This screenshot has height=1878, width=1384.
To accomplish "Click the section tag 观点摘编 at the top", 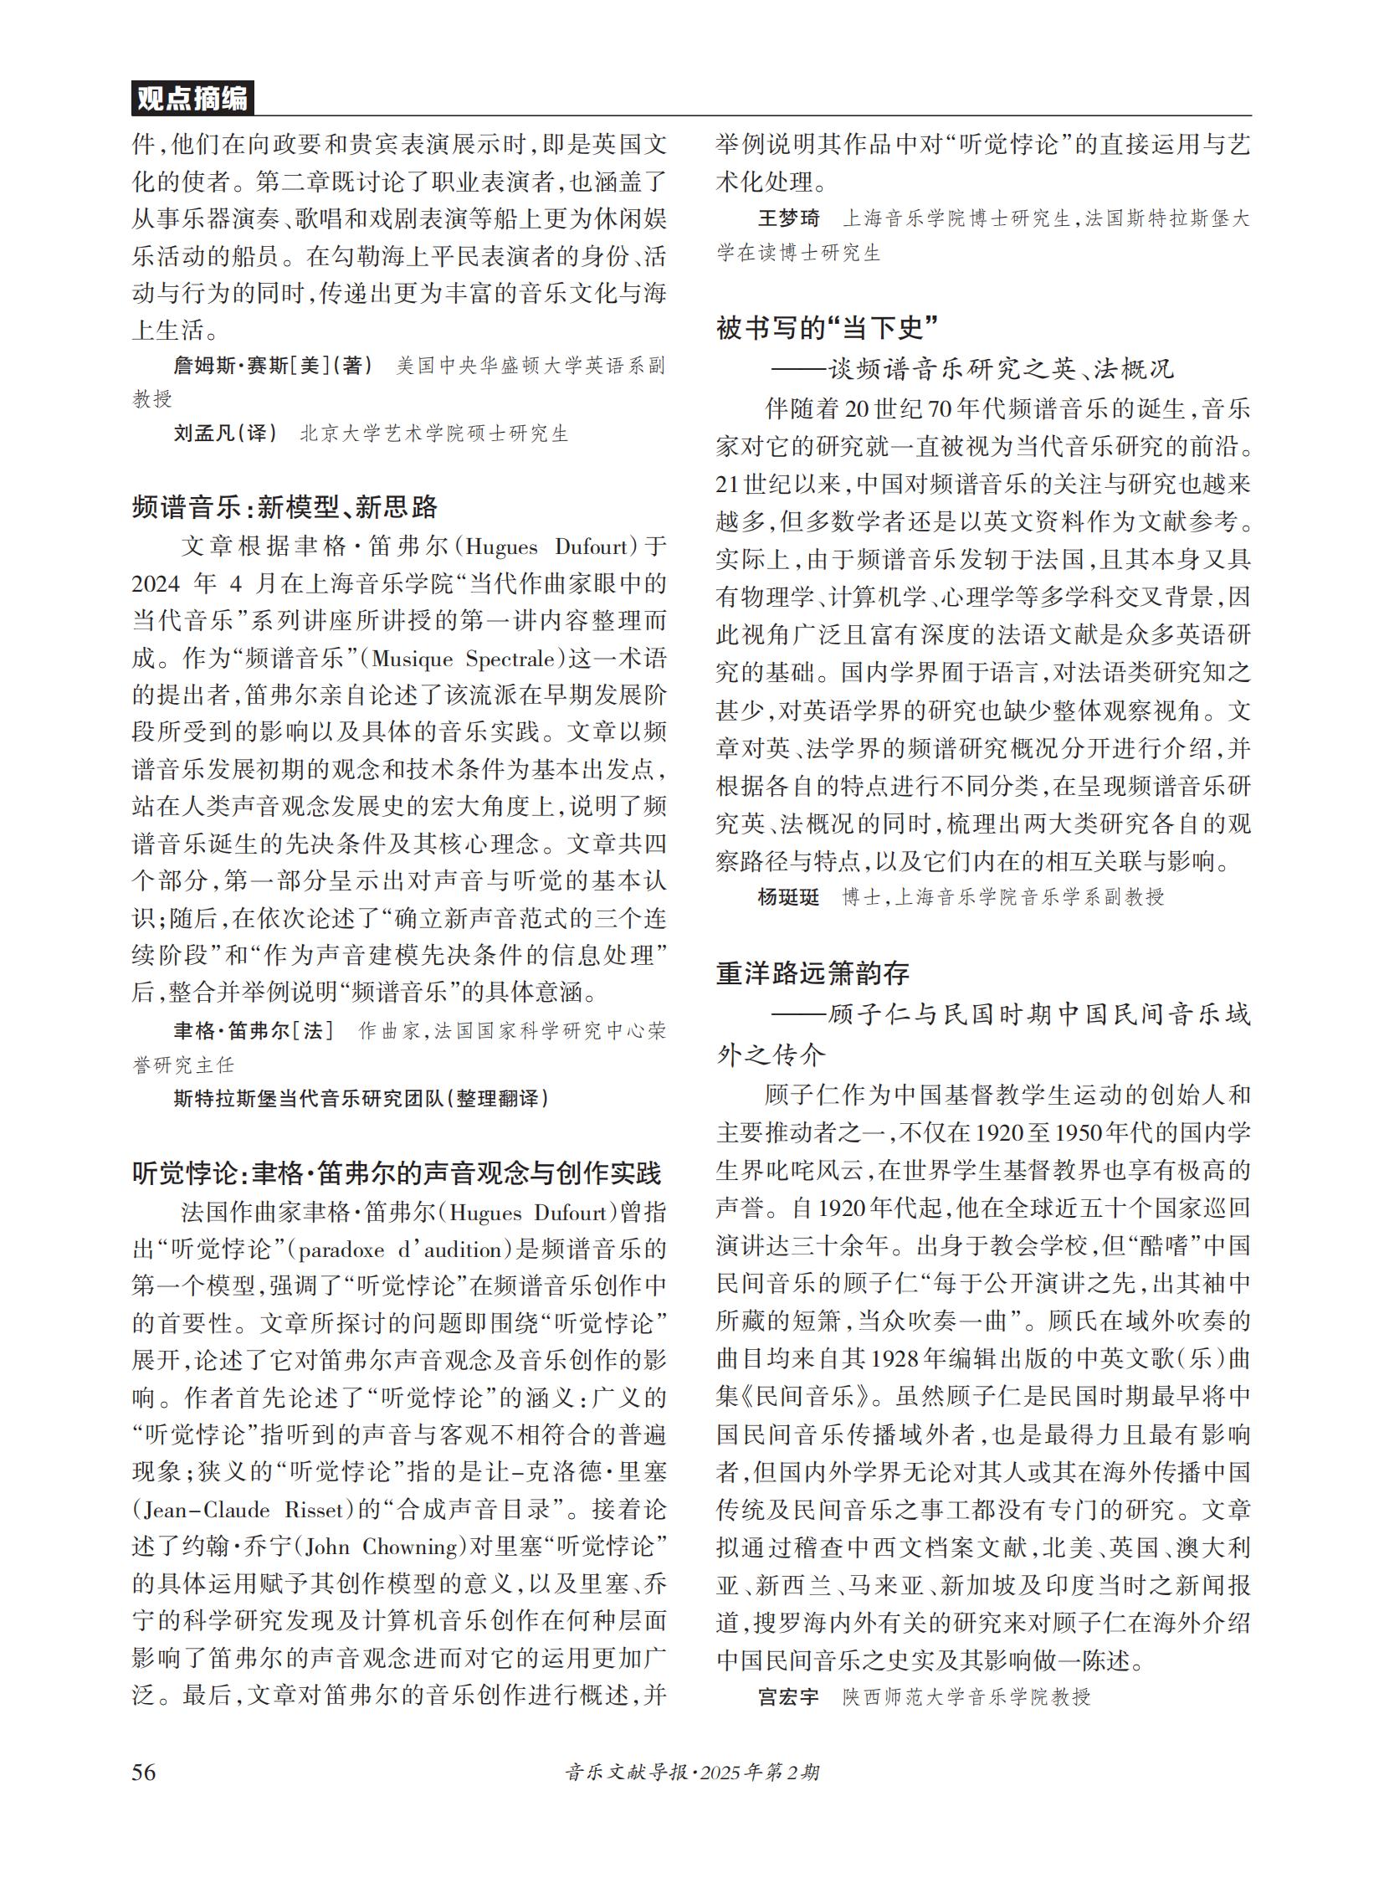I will click(192, 99).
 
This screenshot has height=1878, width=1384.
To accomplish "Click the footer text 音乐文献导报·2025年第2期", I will click(692, 1773).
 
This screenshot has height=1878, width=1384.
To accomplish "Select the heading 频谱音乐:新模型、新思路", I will click(284, 507).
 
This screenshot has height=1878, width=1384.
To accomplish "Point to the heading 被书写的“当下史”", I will click(826, 328).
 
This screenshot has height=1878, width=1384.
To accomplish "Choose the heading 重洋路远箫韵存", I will click(812, 973).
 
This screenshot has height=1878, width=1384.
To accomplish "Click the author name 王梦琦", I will click(788, 218).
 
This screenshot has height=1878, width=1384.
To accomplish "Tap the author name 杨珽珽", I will click(788, 897).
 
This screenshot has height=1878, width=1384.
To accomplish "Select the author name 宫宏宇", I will click(788, 1697).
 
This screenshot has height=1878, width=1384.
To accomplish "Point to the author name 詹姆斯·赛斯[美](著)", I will click(273, 366).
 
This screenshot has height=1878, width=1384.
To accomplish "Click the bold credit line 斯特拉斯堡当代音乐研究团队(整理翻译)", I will click(361, 1099).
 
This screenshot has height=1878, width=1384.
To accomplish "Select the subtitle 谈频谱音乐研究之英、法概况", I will click(1001, 369).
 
